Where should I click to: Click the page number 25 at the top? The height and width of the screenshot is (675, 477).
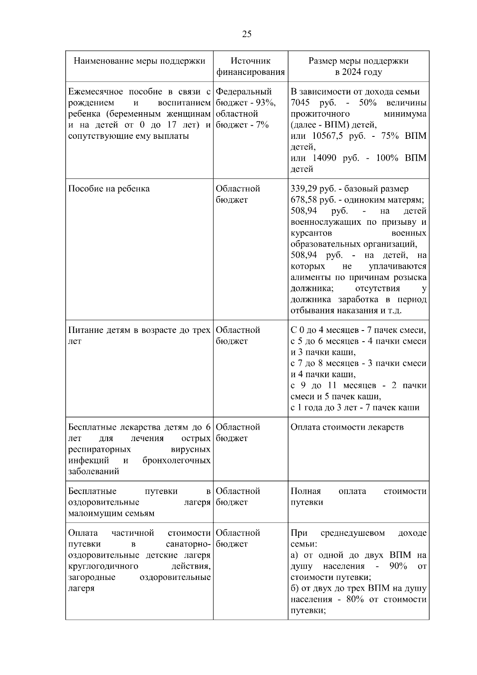(x=246, y=34)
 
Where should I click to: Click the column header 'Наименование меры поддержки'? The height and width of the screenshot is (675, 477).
(x=140, y=61)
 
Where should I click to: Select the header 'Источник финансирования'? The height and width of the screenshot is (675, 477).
(x=250, y=66)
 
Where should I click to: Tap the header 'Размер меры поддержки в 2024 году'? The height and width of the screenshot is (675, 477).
(x=358, y=66)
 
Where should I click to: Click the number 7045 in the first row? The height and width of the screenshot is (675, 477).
(x=300, y=103)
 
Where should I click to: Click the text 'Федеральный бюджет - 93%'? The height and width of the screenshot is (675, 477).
(x=245, y=97)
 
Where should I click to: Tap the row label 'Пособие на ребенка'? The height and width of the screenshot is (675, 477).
(x=109, y=189)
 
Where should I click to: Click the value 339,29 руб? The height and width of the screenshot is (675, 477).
(x=309, y=189)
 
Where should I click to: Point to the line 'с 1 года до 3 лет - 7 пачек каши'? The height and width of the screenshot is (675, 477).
(x=355, y=408)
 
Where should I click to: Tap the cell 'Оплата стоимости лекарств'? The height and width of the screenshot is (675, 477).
(x=347, y=427)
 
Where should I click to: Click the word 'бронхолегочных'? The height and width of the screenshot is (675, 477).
(x=176, y=461)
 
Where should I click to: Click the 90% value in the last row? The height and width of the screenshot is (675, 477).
(x=398, y=566)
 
